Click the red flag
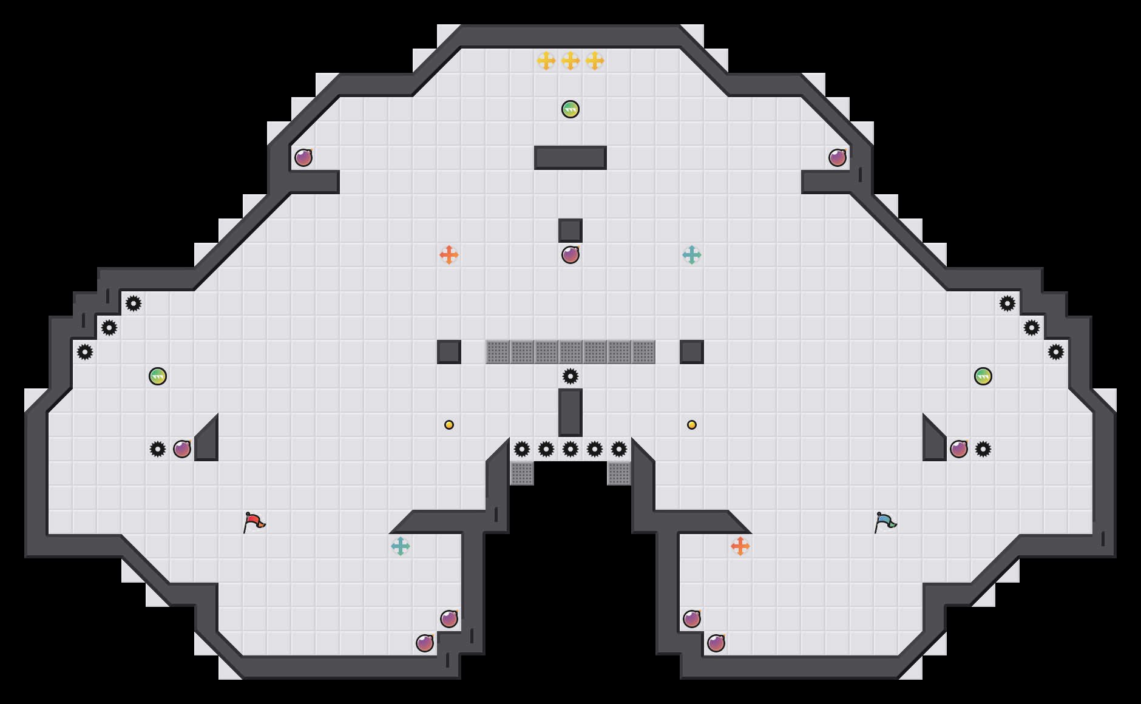[x=254, y=522]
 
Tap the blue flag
[x=885, y=522]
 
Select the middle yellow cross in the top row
[x=570, y=61]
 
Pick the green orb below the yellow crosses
[x=570, y=109]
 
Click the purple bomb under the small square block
[x=570, y=255]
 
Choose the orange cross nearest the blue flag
[x=740, y=546]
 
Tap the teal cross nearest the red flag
[x=401, y=546]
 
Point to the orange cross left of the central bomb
[x=449, y=255]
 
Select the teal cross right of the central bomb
[x=692, y=255]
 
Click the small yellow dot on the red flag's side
[x=449, y=425]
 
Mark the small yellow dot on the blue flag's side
[x=692, y=425]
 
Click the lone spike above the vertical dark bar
[x=570, y=376]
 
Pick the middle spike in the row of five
[x=570, y=449]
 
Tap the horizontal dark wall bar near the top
[x=570, y=158]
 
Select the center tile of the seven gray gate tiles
[x=570, y=352]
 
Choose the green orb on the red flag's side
[x=158, y=376]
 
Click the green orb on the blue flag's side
[x=983, y=376]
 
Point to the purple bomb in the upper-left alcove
[x=303, y=158]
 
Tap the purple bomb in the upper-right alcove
[x=838, y=158]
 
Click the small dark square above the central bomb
[x=570, y=231]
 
